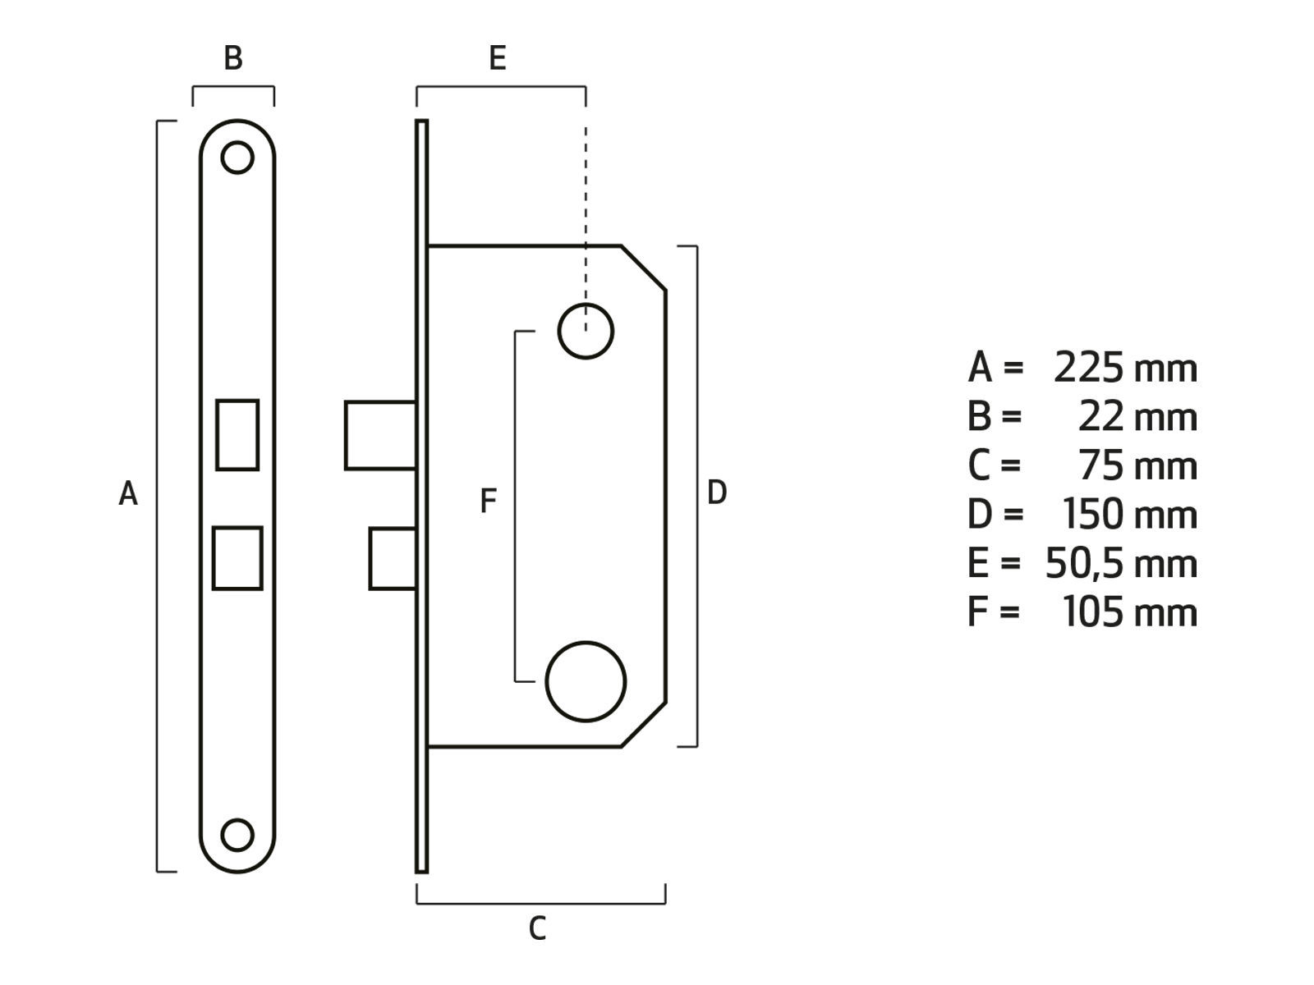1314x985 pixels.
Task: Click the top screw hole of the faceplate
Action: (x=237, y=158)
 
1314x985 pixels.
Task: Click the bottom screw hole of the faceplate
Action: (x=237, y=835)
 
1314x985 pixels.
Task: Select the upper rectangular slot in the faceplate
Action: (x=237, y=435)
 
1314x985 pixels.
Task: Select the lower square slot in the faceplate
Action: (x=237, y=558)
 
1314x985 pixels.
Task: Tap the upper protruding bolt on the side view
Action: (x=379, y=435)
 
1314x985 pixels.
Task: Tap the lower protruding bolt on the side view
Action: (x=393, y=559)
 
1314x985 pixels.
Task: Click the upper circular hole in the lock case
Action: (x=586, y=331)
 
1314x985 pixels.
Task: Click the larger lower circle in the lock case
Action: (x=586, y=681)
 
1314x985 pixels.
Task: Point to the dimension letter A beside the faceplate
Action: (x=128, y=494)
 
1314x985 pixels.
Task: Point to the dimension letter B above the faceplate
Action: (x=233, y=58)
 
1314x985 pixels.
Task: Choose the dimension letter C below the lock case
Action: (x=537, y=928)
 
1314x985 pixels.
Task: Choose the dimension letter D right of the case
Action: (x=717, y=493)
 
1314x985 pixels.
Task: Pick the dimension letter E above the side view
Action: (x=497, y=58)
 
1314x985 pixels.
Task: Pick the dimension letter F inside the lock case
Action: (x=488, y=501)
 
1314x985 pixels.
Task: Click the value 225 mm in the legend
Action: (x=1125, y=368)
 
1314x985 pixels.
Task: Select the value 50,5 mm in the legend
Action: (x=1120, y=564)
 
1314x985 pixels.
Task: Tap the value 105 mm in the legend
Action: (x=1129, y=612)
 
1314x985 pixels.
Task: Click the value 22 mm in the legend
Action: (x=1137, y=417)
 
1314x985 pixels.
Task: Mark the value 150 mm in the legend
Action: (x=1129, y=515)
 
